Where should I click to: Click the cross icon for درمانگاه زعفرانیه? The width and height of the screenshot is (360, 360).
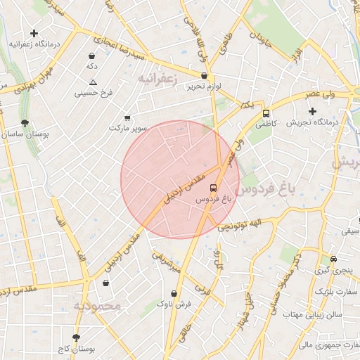(x=34, y=33)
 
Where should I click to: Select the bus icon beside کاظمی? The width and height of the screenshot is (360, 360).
(x=266, y=112)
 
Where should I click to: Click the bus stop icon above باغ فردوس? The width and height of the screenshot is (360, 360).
(x=213, y=188)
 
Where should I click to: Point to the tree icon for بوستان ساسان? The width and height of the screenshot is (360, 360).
(x=25, y=124)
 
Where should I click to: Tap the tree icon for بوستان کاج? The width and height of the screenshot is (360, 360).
(x=77, y=337)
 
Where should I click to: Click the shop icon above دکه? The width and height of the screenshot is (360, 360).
(x=92, y=56)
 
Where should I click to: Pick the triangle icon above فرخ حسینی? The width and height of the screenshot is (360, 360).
(x=93, y=82)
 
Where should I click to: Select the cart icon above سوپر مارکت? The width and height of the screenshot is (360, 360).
(x=127, y=118)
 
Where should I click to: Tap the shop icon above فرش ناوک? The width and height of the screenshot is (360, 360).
(x=174, y=293)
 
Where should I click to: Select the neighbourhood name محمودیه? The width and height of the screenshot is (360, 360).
(x=98, y=307)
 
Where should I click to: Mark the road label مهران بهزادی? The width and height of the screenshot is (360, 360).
(x=27, y=79)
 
